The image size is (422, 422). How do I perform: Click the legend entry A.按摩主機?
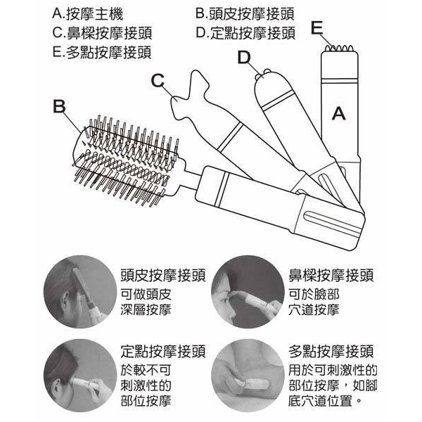88,14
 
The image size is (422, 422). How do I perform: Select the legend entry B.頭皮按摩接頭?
245,13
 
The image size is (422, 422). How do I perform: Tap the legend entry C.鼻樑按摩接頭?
102,33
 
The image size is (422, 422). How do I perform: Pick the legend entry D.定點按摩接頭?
245,33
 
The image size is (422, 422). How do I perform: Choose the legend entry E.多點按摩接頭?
102,52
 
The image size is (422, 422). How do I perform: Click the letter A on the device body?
338,113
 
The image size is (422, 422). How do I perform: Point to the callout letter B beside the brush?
59,106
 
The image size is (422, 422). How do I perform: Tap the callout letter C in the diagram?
158,80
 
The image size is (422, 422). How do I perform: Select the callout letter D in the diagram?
244,58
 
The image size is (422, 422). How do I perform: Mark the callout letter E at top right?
316,27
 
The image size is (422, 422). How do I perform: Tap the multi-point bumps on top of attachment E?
339,49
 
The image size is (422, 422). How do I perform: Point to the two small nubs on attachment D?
262,75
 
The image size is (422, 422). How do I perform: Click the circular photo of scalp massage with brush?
80,292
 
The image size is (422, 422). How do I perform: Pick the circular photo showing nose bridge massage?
248,292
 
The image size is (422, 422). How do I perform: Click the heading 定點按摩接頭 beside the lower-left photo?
163,351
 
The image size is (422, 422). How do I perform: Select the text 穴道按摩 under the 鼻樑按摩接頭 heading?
314,309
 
